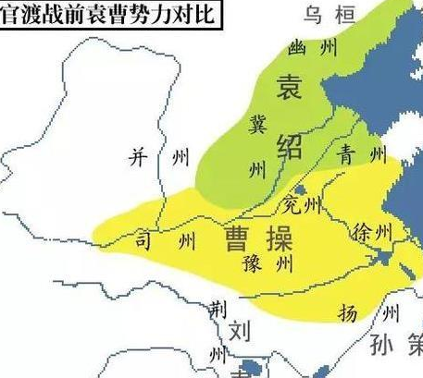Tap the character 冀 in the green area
coord(259,123)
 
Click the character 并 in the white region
coord(138,159)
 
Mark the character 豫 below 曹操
coord(252,265)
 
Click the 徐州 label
coord(374,231)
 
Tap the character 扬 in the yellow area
coord(347,314)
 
